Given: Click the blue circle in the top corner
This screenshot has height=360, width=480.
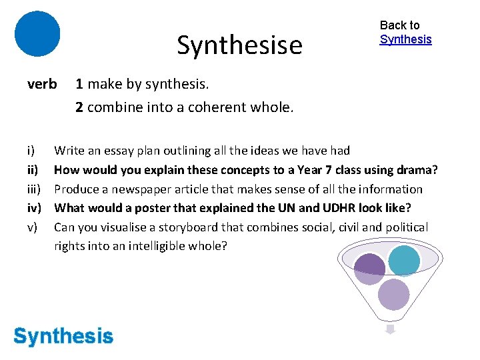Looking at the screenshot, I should [x=37, y=33].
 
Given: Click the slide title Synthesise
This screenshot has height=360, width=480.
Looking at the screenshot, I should [x=239, y=45].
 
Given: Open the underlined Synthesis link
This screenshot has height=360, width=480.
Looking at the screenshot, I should [x=405, y=39].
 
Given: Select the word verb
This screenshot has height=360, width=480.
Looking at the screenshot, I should [x=42, y=84].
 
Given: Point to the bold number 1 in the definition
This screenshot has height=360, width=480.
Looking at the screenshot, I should [x=79, y=84].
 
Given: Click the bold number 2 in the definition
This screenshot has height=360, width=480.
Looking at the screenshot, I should [x=79, y=107].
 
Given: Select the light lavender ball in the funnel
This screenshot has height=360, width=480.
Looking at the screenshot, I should [x=393, y=293].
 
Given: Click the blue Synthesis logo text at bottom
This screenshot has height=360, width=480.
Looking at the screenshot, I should [x=63, y=336].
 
